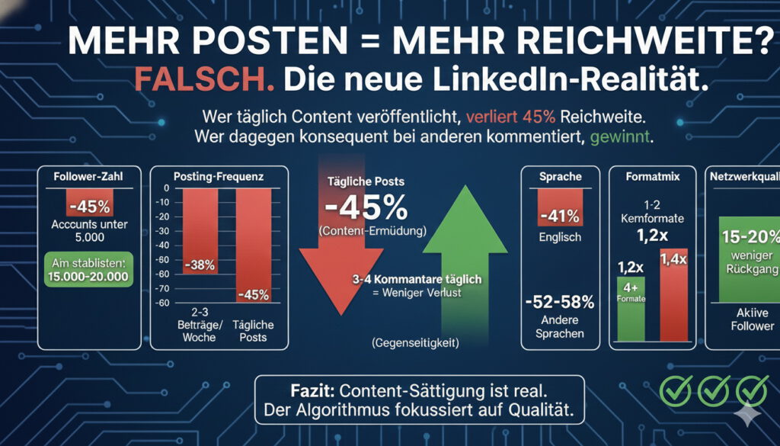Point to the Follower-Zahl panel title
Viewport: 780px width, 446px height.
(90, 177)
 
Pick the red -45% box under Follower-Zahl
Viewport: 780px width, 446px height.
(90, 207)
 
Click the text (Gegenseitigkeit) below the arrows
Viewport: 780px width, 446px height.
(416, 343)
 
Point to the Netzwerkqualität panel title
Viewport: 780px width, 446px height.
(743, 177)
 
